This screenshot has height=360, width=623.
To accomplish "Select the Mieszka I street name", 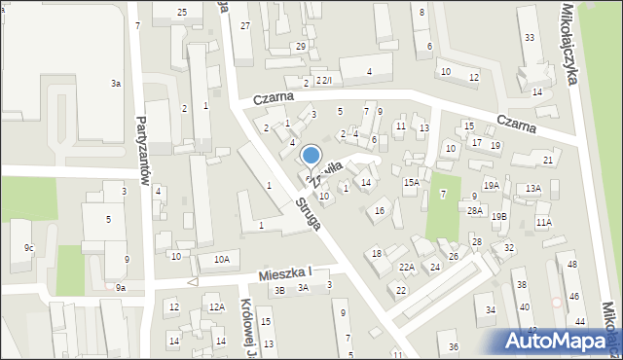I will click(x=284, y=274).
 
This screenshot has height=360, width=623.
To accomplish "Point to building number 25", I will click(x=182, y=11).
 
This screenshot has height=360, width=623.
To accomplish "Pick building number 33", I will click(x=529, y=37).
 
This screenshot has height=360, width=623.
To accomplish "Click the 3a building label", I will click(x=116, y=85).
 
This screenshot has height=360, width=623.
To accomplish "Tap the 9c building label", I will click(x=28, y=248).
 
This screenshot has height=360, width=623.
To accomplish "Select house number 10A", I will click(x=222, y=259).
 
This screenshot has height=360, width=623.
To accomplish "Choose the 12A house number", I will click(x=216, y=307).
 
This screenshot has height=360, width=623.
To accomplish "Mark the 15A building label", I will click(x=412, y=182).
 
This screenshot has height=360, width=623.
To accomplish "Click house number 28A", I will click(x=474, y=210).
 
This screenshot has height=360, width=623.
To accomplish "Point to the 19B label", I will click(x=498, y=216).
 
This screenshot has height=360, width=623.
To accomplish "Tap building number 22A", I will click(x=406, y=267).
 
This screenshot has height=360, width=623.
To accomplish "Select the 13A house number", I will click(x=532, y=189).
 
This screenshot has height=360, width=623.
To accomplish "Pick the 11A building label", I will click(x=543, y=223).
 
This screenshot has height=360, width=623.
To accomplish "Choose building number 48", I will click(x=572, y=265).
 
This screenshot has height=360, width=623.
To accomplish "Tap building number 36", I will click(x=453, y=347).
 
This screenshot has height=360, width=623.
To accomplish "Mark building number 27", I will click(x=245, y=25).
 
